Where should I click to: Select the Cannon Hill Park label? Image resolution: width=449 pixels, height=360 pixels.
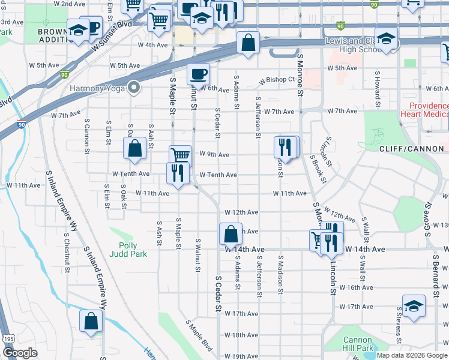(x=358, y=344)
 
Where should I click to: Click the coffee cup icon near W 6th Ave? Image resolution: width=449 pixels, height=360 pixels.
(x=198, y=74)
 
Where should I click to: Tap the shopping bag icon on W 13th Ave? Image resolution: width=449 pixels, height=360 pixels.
(x=231, y=233)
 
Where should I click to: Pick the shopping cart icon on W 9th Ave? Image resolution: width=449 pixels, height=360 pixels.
(x=180, y=155)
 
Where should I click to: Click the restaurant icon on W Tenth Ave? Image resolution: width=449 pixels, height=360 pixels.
(x=177, y=172)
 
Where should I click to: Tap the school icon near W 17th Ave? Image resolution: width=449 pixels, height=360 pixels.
(x=414, y=306)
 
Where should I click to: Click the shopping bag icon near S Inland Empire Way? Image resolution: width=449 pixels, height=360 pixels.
(x=91, y=321)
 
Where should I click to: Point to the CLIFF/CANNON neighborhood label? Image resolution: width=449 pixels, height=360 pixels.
(x=412, y=148)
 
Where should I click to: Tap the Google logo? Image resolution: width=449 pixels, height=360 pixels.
(x=19, y=353)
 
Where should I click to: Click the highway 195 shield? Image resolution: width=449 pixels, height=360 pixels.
(x=7, y=339)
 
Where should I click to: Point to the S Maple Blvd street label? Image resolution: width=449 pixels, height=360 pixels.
(x=199, y=335)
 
